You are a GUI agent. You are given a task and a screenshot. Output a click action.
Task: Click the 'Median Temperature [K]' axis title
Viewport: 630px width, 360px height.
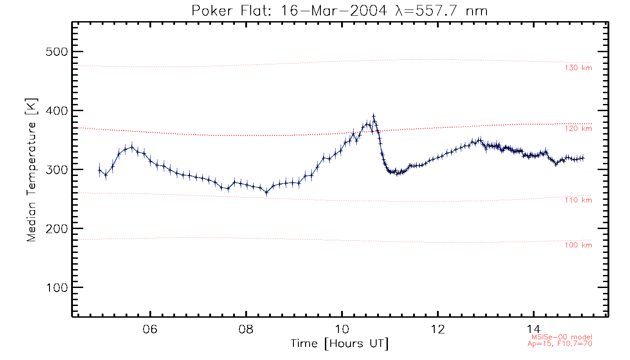point(31,170)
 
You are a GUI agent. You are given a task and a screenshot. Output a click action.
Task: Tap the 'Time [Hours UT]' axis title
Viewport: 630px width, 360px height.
point(340,343)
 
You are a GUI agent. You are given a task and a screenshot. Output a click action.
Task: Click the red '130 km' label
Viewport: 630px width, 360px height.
point(578,68)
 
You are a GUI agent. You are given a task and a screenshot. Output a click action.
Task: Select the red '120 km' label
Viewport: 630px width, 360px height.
point(578,129)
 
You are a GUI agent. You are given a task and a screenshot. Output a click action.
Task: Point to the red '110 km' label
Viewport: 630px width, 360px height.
point(578,200)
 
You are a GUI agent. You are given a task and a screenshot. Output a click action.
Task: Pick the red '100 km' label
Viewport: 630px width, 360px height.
point(578,245)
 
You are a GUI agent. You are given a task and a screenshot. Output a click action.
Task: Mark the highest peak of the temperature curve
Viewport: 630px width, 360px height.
point(373,116)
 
